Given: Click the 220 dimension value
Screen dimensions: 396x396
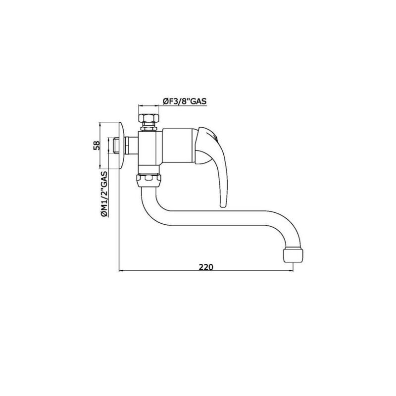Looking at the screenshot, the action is [x=206, y=267].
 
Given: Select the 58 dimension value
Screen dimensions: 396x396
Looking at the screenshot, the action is [x=97, y=146].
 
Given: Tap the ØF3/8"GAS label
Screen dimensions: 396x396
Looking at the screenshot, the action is [x=185, y=101].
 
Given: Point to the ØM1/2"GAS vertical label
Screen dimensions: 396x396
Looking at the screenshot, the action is [x=104, y=194].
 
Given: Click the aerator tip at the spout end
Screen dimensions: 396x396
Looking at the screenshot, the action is [x=293, y=255].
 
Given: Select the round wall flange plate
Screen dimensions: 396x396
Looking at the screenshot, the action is [x=122, y=146].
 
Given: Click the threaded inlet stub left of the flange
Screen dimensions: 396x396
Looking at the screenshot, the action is [x=116, y=146].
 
